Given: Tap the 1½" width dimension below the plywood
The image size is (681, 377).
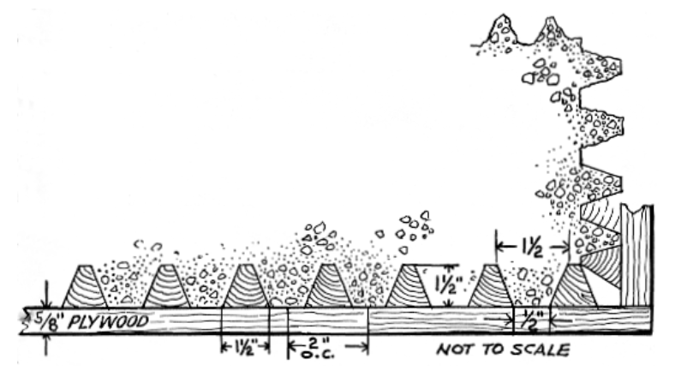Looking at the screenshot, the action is pyautogui.click(x=245, y=347).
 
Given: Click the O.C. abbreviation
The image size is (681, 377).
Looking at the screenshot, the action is pyautogui.click(x=318, y=354).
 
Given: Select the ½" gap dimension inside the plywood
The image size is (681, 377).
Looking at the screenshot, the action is pyautogui.click(x=532, y=320).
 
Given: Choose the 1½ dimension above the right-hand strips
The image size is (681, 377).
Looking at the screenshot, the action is pyautogui.click(x=533, y=248).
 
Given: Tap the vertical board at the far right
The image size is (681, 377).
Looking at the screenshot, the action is pyautogui.click(x=636, y=256).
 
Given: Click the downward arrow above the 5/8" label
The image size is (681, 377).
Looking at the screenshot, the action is pyautogui.click(x=47, y=295).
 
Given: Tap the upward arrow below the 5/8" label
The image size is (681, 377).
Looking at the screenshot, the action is pyautogui.click(x=47, y=344).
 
